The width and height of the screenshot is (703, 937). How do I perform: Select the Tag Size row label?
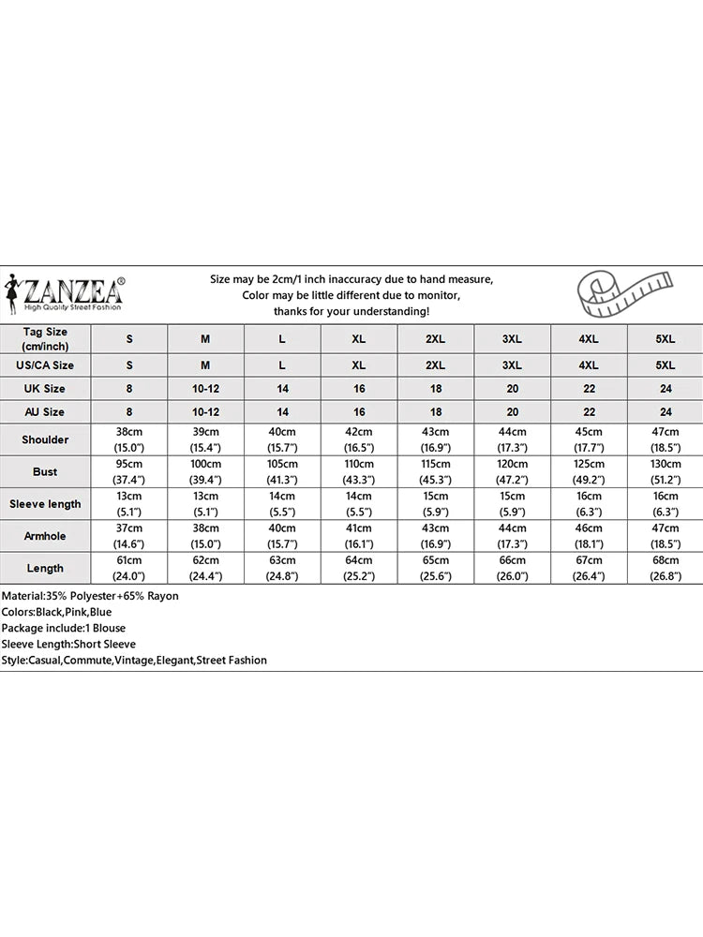coord(45,339)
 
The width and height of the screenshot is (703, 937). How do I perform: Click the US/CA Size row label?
coord(45,365)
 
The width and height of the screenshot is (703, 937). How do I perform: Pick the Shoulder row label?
coord(45,439)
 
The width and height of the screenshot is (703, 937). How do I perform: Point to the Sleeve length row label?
coord(45,503)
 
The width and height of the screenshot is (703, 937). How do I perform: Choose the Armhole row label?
coord(45,535)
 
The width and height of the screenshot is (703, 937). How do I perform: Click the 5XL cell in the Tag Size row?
coord(665,339)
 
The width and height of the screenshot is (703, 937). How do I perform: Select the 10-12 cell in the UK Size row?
coord(205,388)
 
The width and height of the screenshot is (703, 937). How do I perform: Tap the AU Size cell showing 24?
coord(665,411)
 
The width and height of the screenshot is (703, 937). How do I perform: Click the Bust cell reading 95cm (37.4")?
coord(129,471)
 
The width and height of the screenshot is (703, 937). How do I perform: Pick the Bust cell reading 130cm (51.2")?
coord(665,471)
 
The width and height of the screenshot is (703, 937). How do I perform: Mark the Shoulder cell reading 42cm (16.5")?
coord(358,439)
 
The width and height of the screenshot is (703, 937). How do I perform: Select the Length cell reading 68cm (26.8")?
coord(665,568)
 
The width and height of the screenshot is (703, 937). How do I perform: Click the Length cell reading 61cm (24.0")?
coord(129,568)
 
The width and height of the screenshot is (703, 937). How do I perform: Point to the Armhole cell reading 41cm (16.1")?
coord(358,535)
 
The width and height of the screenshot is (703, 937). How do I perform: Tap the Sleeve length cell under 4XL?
coord(588,503)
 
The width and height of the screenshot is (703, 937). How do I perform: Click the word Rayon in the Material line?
coord(162,596)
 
